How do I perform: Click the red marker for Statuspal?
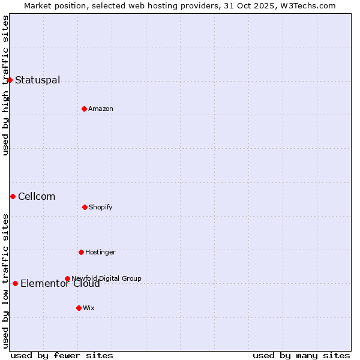10,80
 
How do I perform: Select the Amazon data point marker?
84,109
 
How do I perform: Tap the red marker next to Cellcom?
13,196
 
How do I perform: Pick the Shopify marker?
85,207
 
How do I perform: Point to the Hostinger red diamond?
81,252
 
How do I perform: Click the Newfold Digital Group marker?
67,278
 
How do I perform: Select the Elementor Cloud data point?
15,283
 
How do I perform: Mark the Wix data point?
79,308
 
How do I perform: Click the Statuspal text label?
37,80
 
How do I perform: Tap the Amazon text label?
101,109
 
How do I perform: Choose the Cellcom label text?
37,196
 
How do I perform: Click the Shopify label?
101,207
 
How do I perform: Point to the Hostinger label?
100,252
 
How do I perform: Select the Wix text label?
89,308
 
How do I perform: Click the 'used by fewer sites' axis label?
62,355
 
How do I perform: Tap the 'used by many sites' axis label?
301,355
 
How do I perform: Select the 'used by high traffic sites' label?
5,85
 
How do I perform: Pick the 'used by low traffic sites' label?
5,281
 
